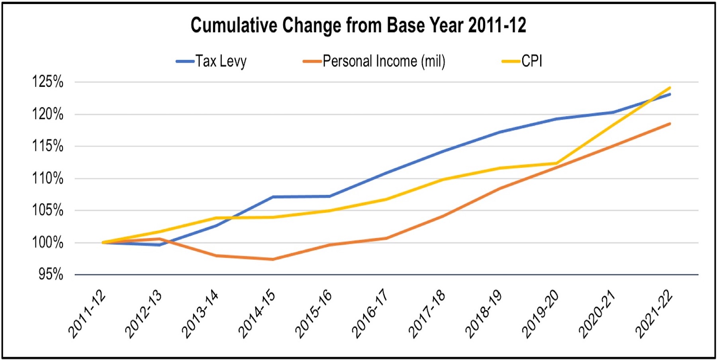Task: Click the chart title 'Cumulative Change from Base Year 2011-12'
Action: [x=358, y=25]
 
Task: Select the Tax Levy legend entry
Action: [x=212, y=61]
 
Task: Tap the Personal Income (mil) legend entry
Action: [x=374, y=61]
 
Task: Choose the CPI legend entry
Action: [x=522, y=61]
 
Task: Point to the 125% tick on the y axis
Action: [x=48, y=82]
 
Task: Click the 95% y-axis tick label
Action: [x=51, y=274]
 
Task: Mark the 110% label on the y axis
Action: [x=48, y=178]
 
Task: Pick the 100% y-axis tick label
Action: [x=48, y=243]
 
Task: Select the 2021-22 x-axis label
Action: [x=654, y=314]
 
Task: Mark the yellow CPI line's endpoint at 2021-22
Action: [x=670, y=88]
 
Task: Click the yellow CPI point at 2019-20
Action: [x=556, y=163]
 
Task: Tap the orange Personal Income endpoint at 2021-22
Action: [x=670, y=123]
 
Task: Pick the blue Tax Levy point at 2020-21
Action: [x=613, y=112]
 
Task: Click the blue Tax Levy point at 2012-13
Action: [x=159, y=245]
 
